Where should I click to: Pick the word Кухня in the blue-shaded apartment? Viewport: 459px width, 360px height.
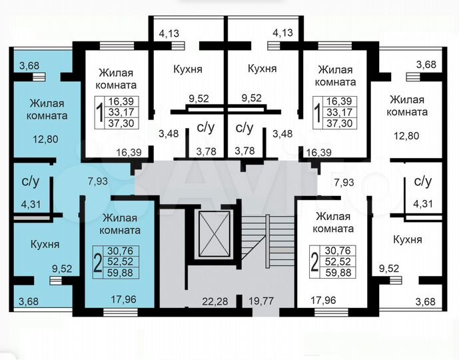tap(45, 244)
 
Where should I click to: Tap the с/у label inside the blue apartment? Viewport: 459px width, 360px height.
tap(30, 180)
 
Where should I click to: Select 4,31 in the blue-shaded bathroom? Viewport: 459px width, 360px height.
tap(31, 205)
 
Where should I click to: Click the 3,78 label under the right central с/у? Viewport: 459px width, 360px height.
tap(245, 151)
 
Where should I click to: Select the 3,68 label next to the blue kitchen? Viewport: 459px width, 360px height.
tap(29, 301)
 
